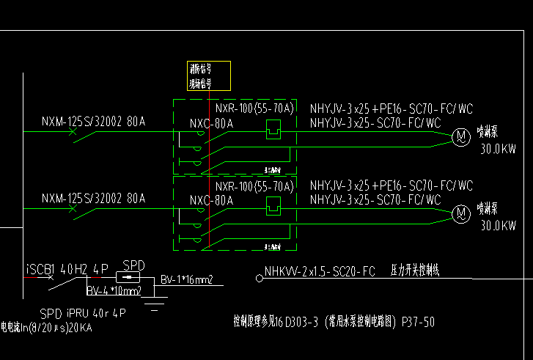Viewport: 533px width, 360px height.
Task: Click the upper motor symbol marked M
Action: (460, 136)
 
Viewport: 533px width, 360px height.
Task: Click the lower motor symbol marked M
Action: (460, 213)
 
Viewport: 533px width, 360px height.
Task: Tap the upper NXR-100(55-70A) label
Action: (254, 109)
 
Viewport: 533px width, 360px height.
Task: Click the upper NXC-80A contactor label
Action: (211, 123)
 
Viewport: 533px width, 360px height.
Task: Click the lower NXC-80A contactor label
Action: (211, 200)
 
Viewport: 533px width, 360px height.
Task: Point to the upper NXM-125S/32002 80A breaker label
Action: (93, 120)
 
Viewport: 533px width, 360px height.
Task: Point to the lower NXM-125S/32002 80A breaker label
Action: (93, 197)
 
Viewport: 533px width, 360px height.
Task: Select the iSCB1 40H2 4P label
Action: (65, 267)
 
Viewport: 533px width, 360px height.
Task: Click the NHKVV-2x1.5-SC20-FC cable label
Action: (320, 271)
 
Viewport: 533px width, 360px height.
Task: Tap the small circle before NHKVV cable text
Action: (258, 278)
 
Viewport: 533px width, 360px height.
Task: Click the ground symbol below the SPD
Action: (155, 303)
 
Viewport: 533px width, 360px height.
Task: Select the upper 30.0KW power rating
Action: (498, 149)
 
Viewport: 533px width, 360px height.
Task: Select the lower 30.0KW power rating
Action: (498, 226)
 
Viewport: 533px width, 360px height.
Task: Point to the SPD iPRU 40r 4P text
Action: (83, 312)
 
